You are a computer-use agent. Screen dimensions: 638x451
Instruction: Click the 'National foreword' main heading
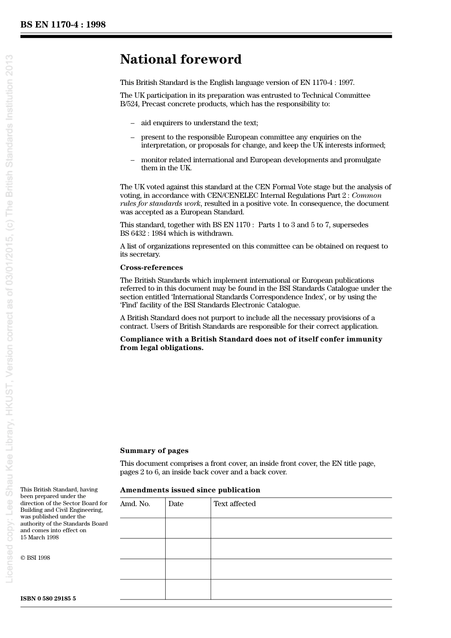(x=180, y=59)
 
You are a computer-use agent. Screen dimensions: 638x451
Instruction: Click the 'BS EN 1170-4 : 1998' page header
(x=63, y=25)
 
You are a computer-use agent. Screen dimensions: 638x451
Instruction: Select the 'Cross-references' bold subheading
(x=151, y=268)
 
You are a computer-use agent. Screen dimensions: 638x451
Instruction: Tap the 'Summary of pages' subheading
(x=154, y=451)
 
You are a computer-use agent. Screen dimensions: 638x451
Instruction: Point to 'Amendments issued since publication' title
(x=190, y=490)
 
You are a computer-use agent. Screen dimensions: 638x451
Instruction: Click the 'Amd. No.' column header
(x=135, y=504)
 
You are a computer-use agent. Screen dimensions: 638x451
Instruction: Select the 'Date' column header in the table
(x=176, y=504)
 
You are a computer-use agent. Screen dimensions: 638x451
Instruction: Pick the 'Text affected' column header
(x=235, y=504)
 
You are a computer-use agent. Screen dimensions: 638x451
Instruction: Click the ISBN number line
(x=48, y=599)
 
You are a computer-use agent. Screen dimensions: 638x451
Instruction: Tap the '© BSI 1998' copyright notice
(x=35, y=558)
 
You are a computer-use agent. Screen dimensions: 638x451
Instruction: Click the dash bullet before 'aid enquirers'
(x=132, y=123)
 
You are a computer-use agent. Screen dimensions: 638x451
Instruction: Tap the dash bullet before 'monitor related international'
(x=132, y=160)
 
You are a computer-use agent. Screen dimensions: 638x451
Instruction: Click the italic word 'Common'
(x=366, y=195)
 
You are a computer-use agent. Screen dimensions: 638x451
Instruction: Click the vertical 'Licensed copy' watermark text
(x=9, y=318)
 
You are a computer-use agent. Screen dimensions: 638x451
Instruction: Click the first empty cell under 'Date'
(x=188, y=528)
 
